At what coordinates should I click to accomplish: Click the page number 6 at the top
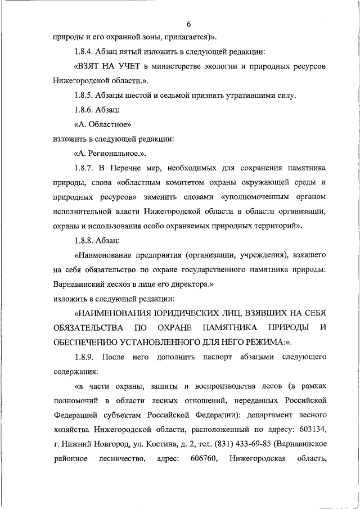188,24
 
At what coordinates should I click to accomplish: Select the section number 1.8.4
85,52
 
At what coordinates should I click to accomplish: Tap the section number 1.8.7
85,168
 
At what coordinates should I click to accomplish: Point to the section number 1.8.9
85,358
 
